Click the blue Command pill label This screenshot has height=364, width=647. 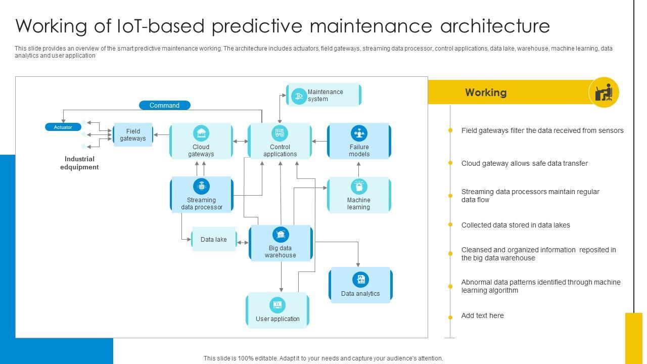[164, 105]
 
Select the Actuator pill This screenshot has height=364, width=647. [63, 127]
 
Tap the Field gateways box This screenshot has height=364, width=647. [133, 135]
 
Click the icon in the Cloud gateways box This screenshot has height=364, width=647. [201, 133]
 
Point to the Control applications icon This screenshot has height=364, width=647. [280, 133]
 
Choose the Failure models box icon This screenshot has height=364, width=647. [359, 133]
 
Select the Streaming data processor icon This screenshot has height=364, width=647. [202, 186]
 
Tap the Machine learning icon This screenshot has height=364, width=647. [359, 186]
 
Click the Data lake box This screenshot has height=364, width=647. [214, 240]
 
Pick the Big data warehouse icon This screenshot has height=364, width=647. [281, 235]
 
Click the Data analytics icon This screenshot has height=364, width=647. [360, 280]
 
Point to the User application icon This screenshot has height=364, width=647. [277, 305]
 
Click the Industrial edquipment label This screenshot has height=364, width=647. [79, 163]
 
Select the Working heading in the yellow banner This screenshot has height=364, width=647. [486, 93]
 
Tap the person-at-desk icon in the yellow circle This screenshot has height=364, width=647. [604, 93]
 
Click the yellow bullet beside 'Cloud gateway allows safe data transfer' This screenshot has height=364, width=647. [450, 163]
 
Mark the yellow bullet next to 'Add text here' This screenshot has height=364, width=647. [450, 317]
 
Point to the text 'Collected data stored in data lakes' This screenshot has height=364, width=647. [516, 225]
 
